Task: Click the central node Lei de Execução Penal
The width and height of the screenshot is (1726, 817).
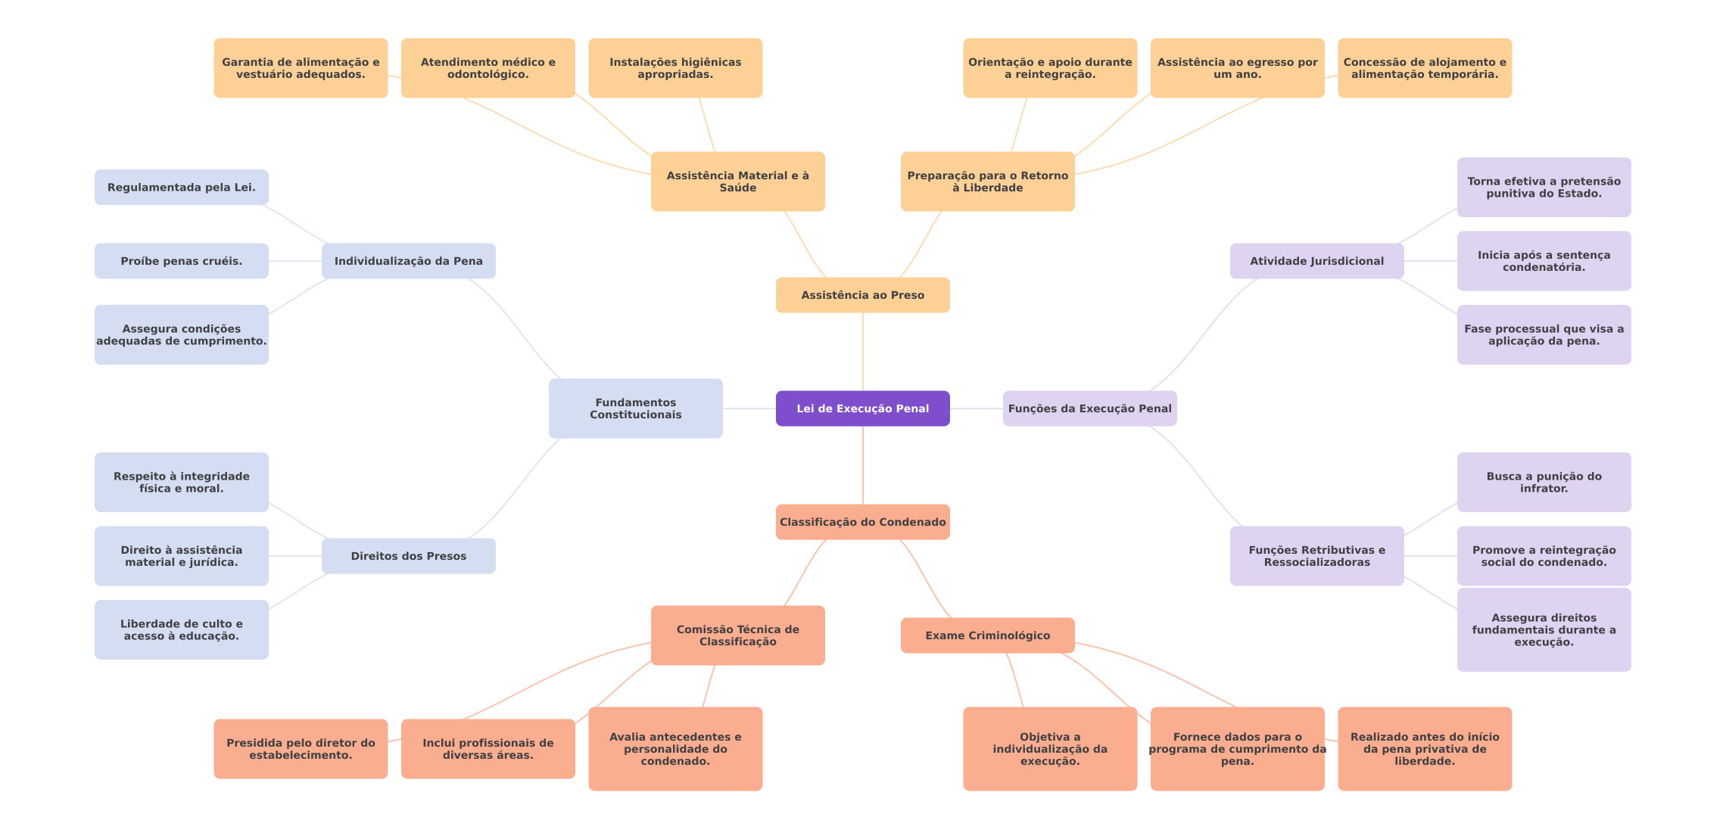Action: click(862, 408)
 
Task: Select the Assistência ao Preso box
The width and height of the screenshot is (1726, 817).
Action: click(862, 295)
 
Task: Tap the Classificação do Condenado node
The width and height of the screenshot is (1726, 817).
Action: click(862, 522)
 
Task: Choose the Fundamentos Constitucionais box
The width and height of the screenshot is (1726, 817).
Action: click(635, 408)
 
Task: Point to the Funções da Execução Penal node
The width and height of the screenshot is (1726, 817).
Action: click(1089, 408)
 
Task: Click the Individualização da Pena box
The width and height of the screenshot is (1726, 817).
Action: click(408, 261)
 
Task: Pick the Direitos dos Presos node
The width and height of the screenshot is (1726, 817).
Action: click(408, 556)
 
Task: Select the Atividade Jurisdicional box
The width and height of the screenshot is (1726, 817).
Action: click(1316, 261)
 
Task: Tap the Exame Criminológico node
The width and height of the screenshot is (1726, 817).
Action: click(987, 635)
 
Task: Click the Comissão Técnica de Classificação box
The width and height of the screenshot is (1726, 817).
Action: click(737, 635)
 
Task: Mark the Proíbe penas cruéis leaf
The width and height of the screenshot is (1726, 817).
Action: click(181, 261)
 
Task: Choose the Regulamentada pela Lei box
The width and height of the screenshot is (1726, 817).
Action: click(181, 188)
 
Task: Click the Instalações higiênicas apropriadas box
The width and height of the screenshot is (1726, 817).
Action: click(675, 68)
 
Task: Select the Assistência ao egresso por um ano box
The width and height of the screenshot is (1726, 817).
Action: click(1237, 68)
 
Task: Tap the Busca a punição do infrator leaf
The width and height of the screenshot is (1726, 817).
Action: click(1544, 483)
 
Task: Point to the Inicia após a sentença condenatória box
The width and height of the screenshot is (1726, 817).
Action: click(1544, 261)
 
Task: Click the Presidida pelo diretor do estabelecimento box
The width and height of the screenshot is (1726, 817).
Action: click(301, 749)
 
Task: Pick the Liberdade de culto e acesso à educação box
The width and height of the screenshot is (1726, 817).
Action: click(181, 630)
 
